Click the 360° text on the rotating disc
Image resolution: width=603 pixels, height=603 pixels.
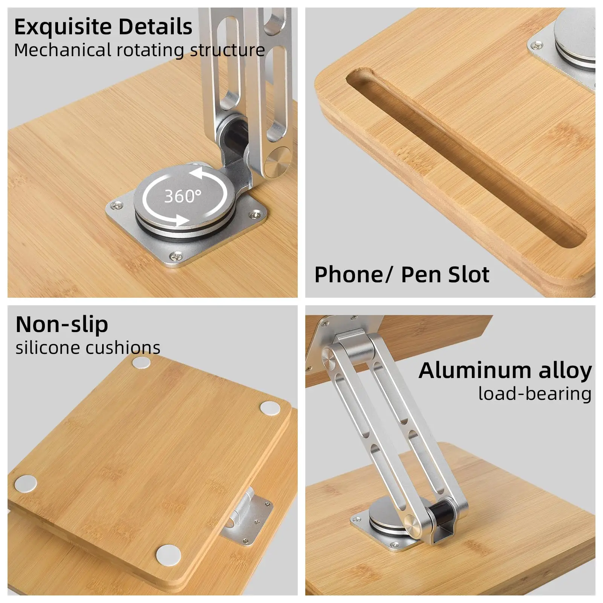click(183, 196)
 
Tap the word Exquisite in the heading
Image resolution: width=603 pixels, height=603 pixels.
click(63, 27)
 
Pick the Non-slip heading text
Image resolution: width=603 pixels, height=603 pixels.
click(62, 324)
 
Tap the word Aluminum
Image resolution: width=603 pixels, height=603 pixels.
click(476, 370)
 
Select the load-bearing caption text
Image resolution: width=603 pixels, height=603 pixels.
click(535, 394)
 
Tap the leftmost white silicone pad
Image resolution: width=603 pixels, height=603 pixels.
click(26, 483)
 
